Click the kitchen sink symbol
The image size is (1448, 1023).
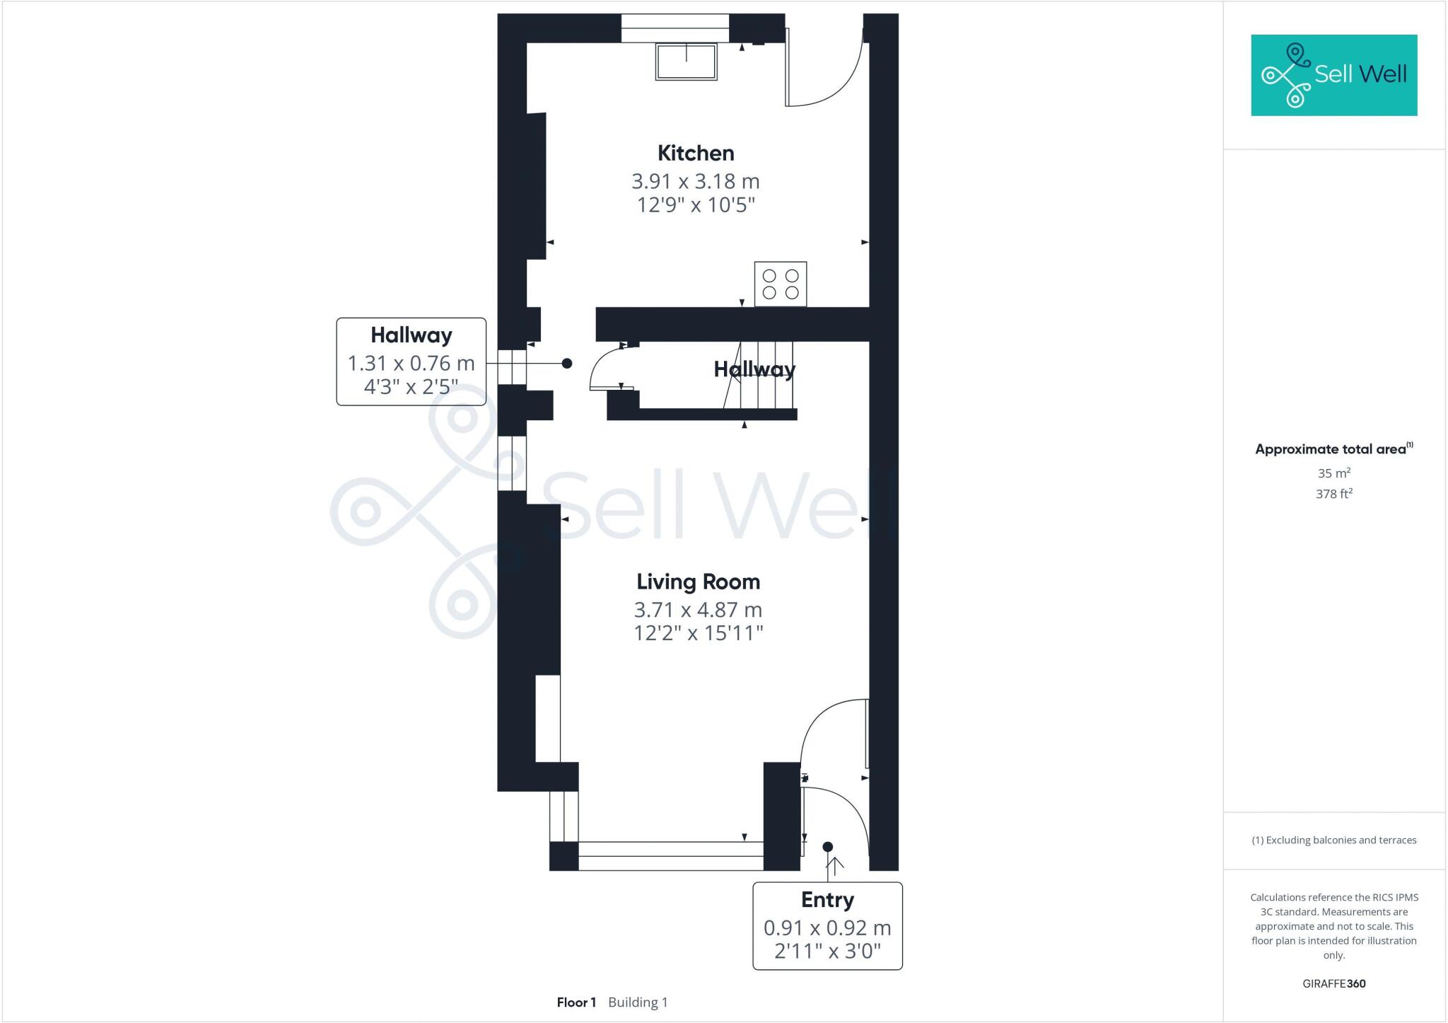point(686,62)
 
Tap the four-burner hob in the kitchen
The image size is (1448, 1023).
point(781,284)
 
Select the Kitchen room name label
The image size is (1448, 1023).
point(696,154)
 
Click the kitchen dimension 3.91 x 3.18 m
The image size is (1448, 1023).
point(696,181)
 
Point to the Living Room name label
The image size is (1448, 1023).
point(698,582)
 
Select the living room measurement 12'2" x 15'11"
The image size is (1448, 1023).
point(698,633)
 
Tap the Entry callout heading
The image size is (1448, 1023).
point(827,900)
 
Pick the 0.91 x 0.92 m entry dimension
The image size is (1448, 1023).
point(827,927)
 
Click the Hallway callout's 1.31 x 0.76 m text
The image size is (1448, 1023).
point(411,363)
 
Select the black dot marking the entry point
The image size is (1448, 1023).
point(828,847)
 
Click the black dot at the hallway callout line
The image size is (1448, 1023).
point(567,363)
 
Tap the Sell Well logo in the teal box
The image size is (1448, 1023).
point(1334,75)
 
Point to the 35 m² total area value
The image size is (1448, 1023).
point(1333,473)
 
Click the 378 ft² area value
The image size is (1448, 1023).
point(1333,494)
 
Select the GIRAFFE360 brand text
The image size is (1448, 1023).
point(1333,983)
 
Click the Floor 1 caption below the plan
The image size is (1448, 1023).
point(576,1002)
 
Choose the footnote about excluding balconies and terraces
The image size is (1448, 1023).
point(1333,840)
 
